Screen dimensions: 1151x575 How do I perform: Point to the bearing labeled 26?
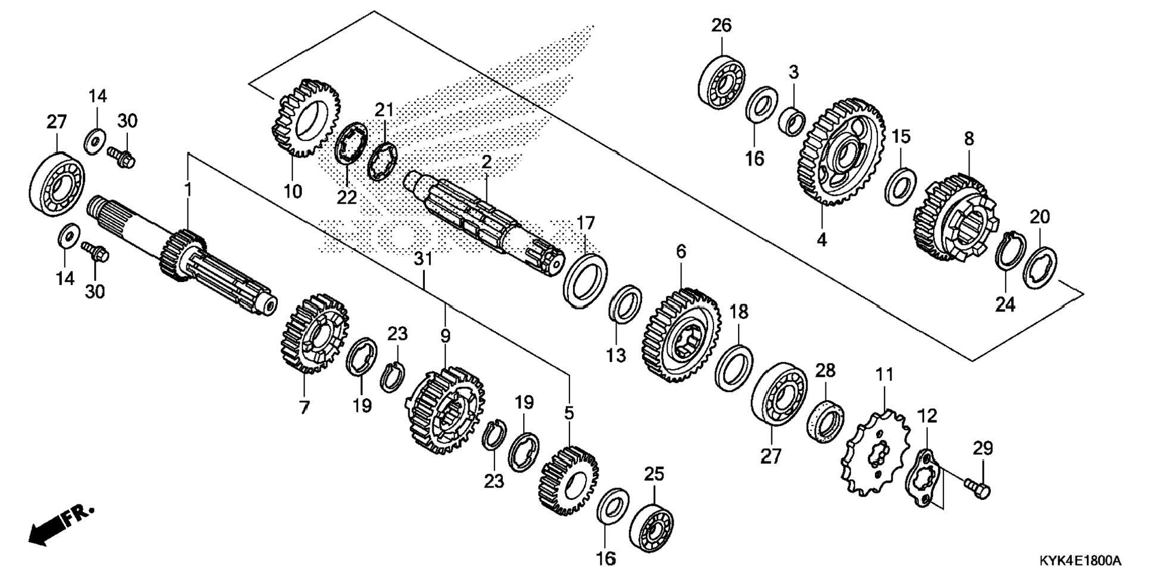tap(721, 83)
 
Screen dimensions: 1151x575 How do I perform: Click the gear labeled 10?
tap(305, 117)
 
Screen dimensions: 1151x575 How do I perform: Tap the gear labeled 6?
tap(682, 335)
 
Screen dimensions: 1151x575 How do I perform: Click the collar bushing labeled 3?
tap(792, 121)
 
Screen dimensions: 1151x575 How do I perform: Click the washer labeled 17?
tap(585, 280)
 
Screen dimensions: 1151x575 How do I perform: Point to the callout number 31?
tap(423, 260)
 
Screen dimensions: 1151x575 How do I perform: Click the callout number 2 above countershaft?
tap(487, 161)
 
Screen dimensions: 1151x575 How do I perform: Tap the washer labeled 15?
tap(900, 186)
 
